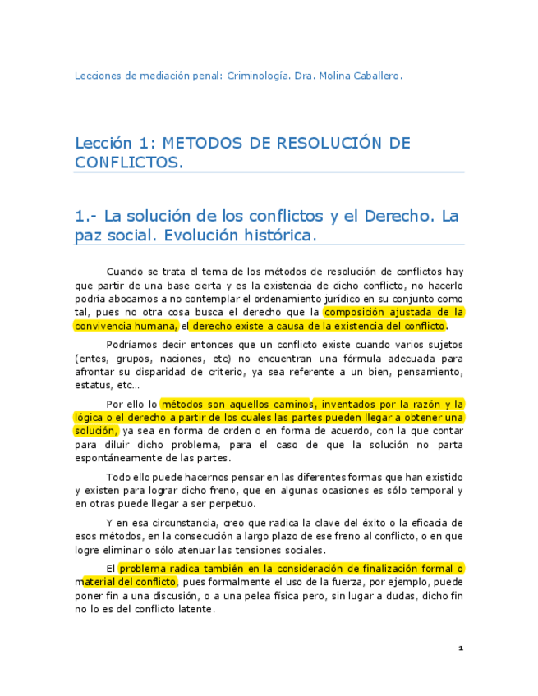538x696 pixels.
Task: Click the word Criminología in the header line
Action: [x=255, y=76]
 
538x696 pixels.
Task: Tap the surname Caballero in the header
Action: [x=376, y=76]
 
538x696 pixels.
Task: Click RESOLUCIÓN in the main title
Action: [x=313, y=144]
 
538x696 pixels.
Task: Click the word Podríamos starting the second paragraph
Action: [x=134, y=345]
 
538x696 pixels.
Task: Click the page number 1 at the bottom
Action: [x=461, y=648]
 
